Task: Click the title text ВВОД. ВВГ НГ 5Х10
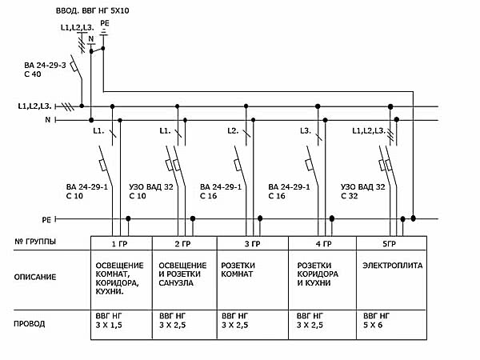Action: click(x=91, y=13)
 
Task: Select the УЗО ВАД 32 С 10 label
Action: click(x=150, y=190)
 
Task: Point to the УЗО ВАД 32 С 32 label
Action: click(x=363, y=190)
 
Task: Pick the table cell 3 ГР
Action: click(x=253, y=242)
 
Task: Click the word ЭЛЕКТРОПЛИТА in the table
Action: click(x=392, y=264)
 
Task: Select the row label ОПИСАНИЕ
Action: click(x=36, y=277)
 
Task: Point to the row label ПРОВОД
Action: click(x=30, y=324)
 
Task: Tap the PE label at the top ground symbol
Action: click(x=104, y=25)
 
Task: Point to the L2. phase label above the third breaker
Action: click(x=234, y=130)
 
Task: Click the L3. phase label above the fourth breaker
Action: click(x=306, y=130)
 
